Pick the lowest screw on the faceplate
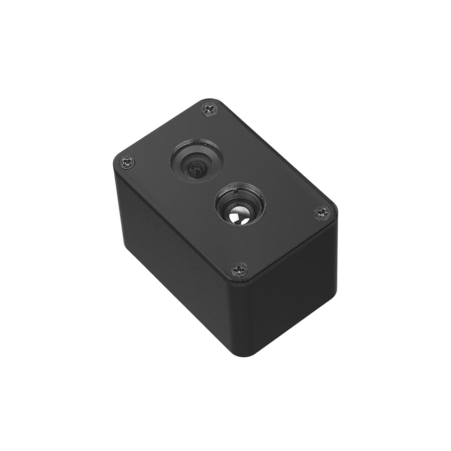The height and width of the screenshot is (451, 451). click(239, 269)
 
